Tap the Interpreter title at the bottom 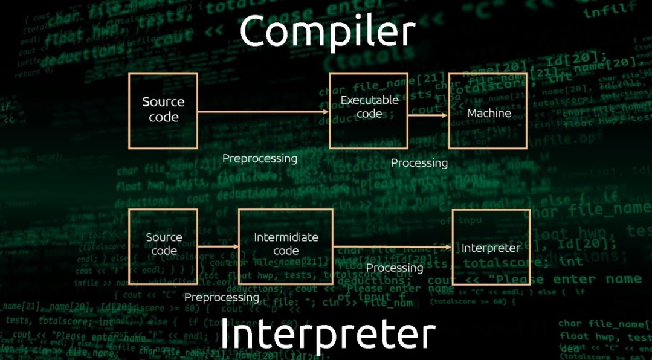[327, 334]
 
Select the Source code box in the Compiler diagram [163, 111]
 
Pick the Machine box [488, 111]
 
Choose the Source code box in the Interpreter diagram [163, 246]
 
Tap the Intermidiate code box [286, 246]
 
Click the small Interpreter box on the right [491, 248]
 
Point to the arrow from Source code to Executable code [263, 112]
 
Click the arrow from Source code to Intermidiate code [218, 246]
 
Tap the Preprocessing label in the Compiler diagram [260, 159]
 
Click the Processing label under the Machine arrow [419, 163]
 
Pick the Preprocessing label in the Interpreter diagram [222, 297]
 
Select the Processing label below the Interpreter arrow [395, 268]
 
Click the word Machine [489, 113]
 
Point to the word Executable [369, 100]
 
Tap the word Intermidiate [286, 237]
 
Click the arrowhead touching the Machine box [444, 115]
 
